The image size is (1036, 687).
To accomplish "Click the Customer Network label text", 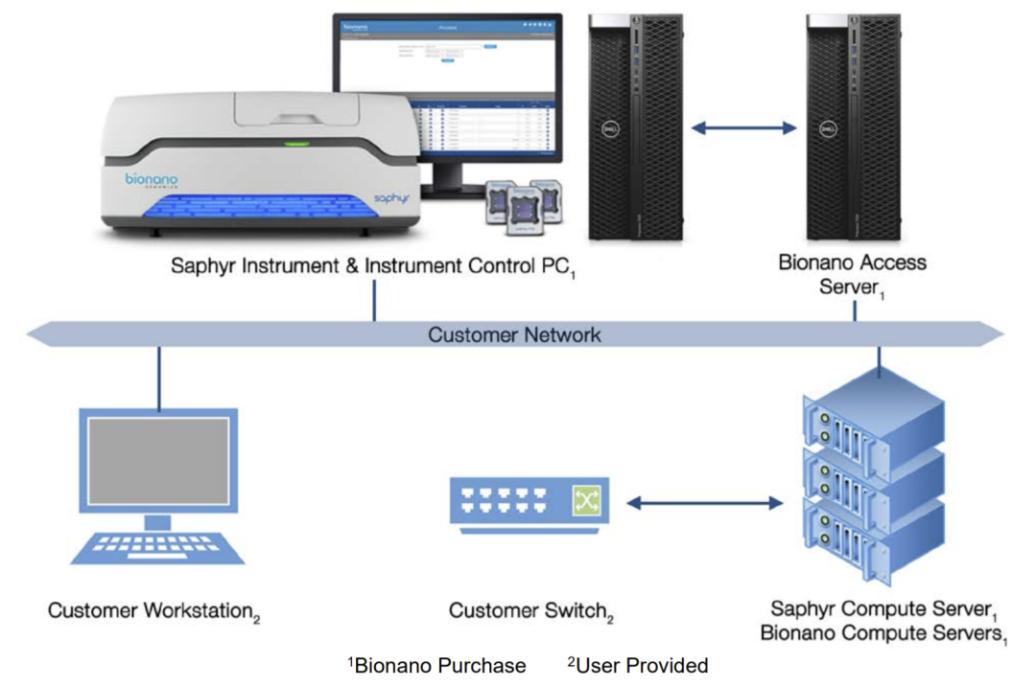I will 514,335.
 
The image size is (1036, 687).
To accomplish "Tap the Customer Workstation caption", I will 153,610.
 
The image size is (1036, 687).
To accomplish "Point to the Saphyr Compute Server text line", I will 881,608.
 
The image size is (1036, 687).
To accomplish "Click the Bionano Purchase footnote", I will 437,665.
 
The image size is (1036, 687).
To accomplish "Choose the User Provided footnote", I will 639,665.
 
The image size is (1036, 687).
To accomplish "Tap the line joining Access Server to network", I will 854,311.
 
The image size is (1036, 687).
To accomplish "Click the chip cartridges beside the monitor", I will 524,204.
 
